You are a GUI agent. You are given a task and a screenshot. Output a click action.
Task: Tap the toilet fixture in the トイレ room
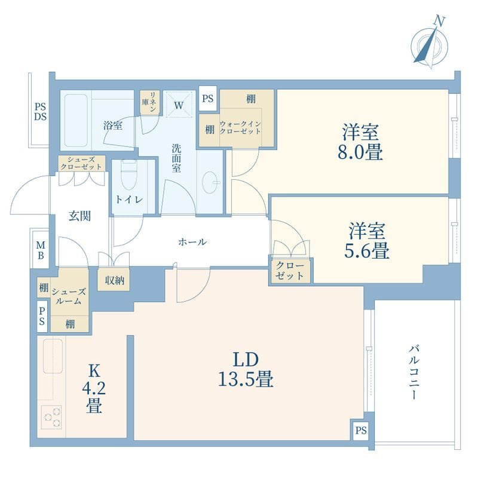129,174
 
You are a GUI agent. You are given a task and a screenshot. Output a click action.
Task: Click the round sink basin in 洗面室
210,182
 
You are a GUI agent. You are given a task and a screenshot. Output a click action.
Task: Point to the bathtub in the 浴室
76,121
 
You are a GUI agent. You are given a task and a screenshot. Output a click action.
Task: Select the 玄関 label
79,216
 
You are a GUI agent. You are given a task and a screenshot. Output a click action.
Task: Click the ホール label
192,242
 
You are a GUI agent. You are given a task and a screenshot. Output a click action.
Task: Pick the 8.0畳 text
360,152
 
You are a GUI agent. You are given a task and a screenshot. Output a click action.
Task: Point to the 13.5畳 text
246,379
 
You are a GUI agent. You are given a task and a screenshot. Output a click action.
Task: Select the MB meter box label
41,250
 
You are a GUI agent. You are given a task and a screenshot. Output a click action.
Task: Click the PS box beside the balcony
361,430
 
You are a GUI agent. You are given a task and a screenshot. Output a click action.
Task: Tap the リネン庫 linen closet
150,102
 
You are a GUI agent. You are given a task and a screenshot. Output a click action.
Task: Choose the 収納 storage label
115,280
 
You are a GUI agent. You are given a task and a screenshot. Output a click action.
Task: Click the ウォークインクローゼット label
240,128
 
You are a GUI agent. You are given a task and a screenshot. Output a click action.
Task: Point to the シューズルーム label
69,296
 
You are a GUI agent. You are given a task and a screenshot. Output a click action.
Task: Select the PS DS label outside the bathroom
40,112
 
